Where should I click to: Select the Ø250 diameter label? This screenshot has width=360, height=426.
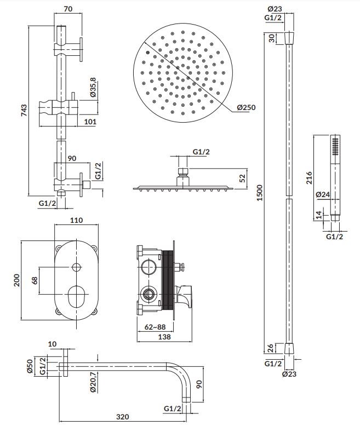tap(247, 107)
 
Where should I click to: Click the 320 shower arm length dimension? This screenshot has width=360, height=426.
tap(122, 417)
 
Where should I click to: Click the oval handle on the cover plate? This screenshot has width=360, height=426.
tap(76, 296)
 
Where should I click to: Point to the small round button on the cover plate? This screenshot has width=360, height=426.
tap(76, 267)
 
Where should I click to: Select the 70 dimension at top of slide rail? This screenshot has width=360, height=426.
tap(68, 9)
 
